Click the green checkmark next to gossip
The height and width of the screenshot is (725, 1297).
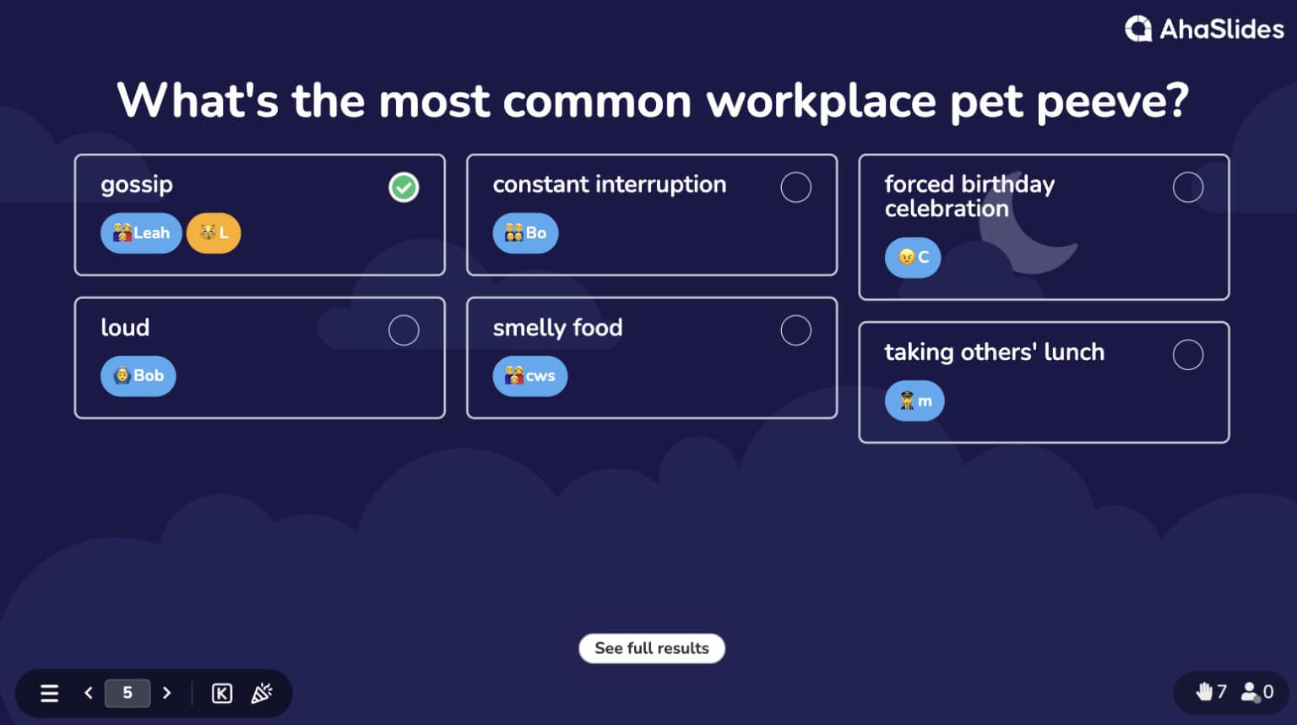(404, 187)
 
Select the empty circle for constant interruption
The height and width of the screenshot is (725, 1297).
(795, 187)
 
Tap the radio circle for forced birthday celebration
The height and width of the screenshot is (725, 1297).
(1187, 187)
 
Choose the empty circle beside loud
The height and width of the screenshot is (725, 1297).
(404, 330)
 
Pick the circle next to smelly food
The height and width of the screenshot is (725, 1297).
(795, 330)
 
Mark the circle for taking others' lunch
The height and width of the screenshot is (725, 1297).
(1187, 355)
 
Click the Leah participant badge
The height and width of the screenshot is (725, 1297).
(141, 233)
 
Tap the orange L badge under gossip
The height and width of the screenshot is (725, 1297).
(214, 233)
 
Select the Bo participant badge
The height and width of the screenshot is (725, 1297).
(525, 233)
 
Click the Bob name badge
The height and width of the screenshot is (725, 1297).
(138, 376)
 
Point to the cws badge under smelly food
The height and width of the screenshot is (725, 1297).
(529, 376)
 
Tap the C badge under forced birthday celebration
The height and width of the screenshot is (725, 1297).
(913, 257)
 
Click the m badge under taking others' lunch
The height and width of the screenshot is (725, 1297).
(914, 401)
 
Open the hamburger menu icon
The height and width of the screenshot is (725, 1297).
(50, 694)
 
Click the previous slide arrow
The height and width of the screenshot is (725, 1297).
(89, 693)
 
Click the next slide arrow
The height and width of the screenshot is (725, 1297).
(167, 693)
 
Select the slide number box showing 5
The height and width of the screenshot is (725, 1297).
(128, 693)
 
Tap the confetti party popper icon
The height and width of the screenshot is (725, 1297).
(262, 694)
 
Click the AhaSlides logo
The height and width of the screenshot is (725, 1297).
(1204, 30)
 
